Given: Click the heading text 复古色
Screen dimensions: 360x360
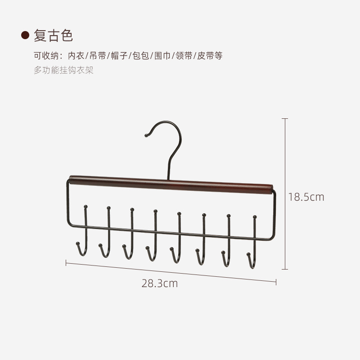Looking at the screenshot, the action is tap(53, 36).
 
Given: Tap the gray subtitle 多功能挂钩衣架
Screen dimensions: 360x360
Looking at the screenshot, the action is tap(63, 70).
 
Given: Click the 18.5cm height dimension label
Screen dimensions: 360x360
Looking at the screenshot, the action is tap(306, 197).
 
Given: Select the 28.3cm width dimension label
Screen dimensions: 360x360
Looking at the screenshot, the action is tap(160, 283).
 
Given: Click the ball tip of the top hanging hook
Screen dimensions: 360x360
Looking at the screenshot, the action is tap(146, 134).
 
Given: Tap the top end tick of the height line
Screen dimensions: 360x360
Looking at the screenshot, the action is tap(284, 119).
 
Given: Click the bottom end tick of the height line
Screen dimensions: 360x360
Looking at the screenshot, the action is tap(284, 270).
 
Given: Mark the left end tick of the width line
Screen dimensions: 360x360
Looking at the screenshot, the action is tap(66, 262).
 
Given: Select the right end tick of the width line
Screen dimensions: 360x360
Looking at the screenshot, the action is tap(276, 282).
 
